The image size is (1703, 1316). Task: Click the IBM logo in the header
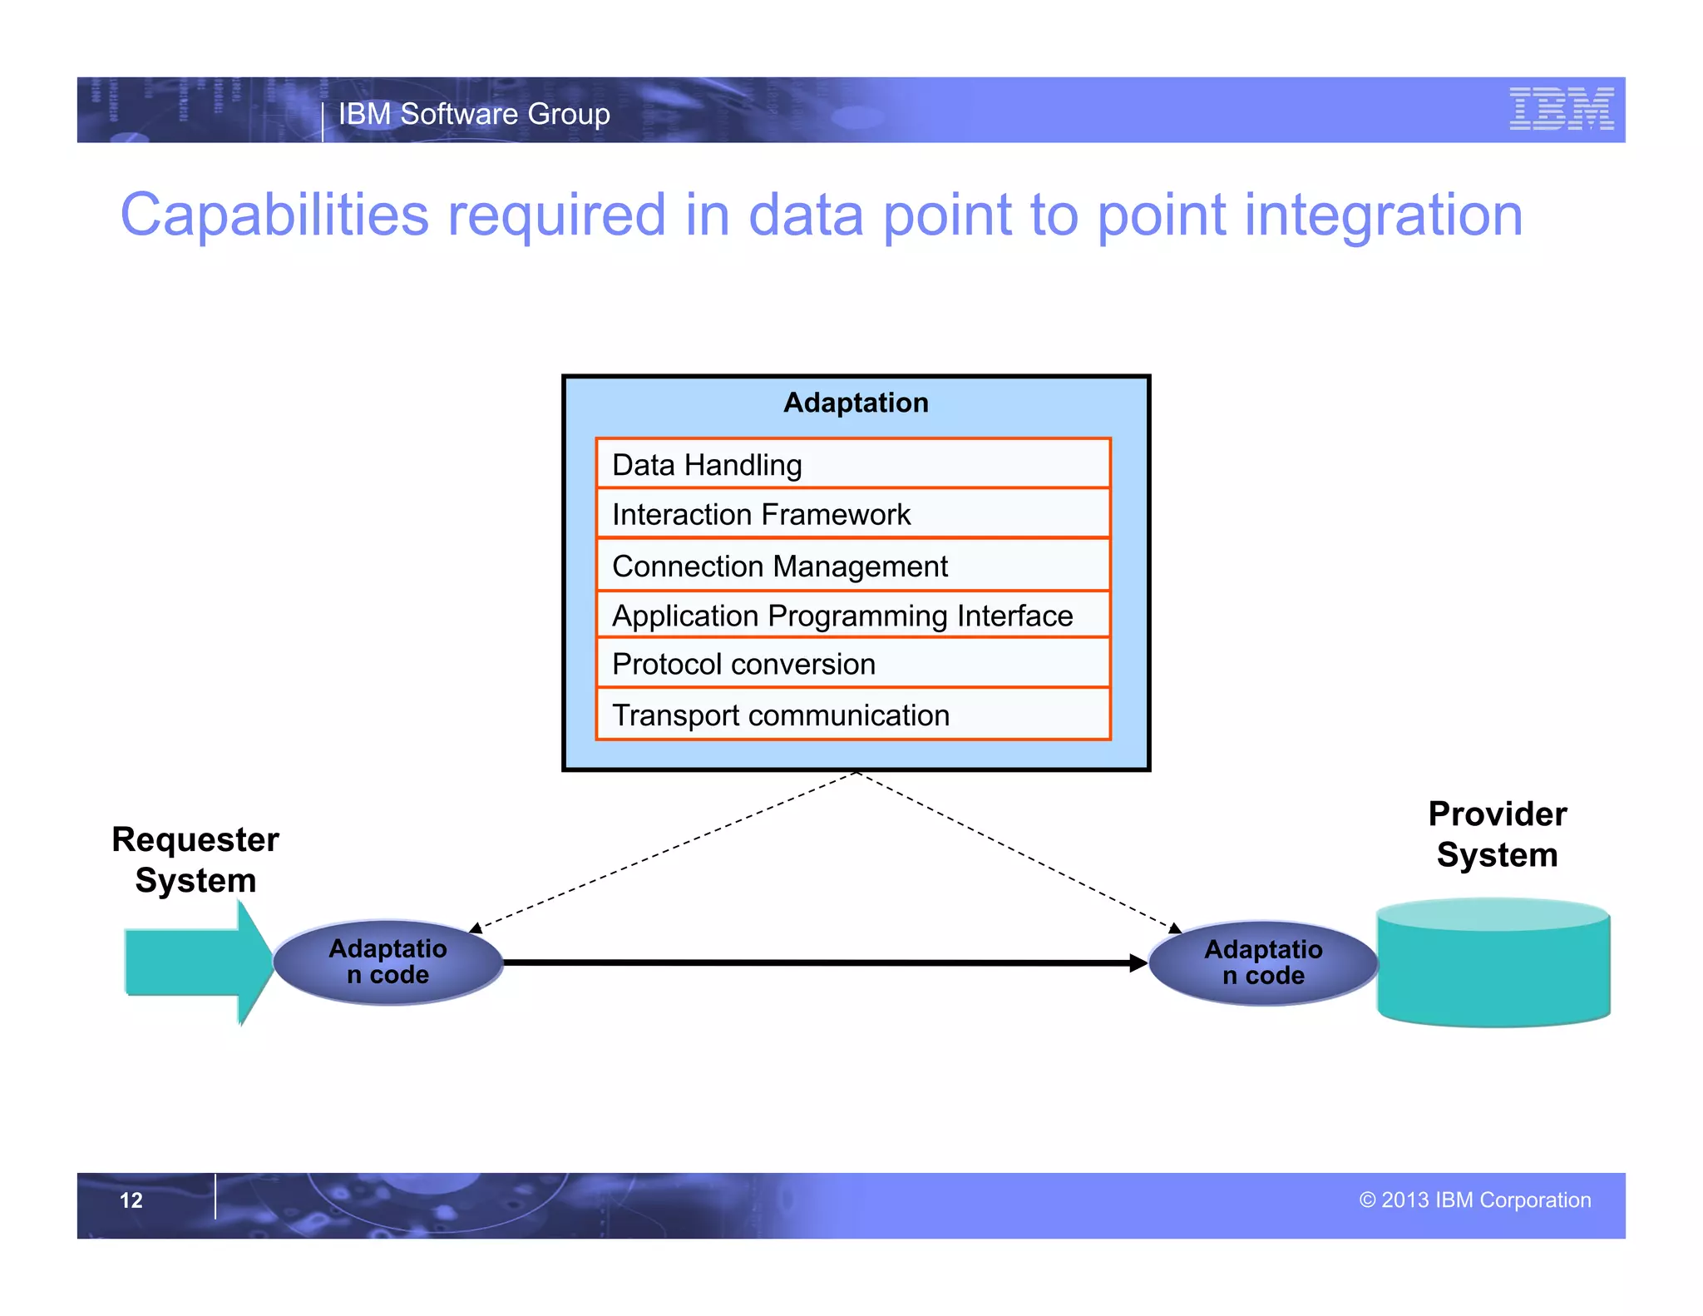pos(1561,109)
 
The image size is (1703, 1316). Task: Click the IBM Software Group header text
pos(474,114)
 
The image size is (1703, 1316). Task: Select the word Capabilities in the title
pos(274,215)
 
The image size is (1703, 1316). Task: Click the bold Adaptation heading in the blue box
pos(856,403)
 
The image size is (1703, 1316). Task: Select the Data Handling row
pos(853,464)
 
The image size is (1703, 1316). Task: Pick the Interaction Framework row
pos(853,514)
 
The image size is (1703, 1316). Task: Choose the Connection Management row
pos(853,566)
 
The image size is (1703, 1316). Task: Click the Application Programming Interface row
pos(853,616)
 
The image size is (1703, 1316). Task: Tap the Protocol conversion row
pos(853,664)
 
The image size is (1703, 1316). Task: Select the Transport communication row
pos(853,715)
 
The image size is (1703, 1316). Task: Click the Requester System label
pos(195,859)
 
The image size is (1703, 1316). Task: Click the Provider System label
pos(1497,834)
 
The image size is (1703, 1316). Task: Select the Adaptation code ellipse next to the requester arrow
pos(388,962)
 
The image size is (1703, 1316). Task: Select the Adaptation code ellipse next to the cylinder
pos(1263,962)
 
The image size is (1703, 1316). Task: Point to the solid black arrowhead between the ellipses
pos(1138,963)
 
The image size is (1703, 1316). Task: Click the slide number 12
pos(131,1200)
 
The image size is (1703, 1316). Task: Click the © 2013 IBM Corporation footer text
pos(1474,1200)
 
